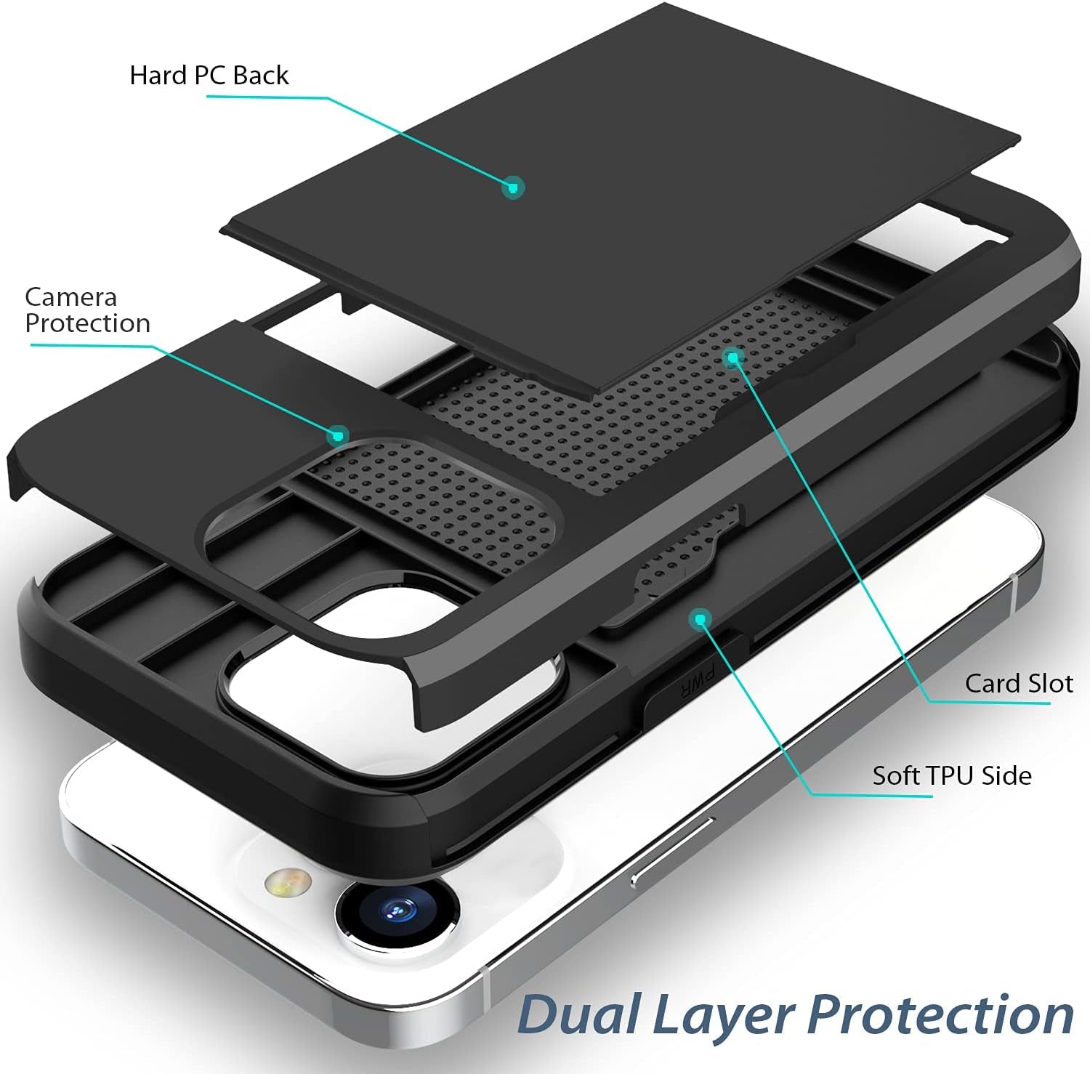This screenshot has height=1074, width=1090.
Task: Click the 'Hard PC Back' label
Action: pyautogui.click(x=209, y=76)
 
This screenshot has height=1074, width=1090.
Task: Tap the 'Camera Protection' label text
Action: pyautogui.click(x=87, y=310)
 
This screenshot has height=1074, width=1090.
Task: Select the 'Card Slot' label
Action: pyautogui.click(x=1018, y=684)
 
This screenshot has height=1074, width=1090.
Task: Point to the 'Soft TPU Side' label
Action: pyautogui.click(x=951, y=776)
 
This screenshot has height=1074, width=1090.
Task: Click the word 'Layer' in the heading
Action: pyautogui.click(x=727, y=1016)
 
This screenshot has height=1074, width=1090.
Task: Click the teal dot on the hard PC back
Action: pyautogui.click(x=513, y=187)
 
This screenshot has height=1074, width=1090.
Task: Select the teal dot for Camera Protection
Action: pyautogui.click(x=337, y=435)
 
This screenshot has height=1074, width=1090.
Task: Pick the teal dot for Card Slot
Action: pyautogui.click(x=732, y=357)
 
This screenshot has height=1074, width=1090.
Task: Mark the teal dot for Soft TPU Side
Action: pyautogui.click(x=700, y=619)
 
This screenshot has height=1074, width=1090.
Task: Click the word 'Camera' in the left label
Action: pyautogui.click(x=70, y=297)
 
